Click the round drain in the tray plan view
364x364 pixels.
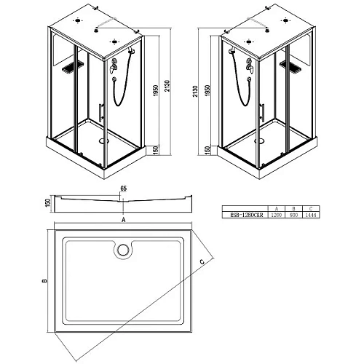122,250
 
